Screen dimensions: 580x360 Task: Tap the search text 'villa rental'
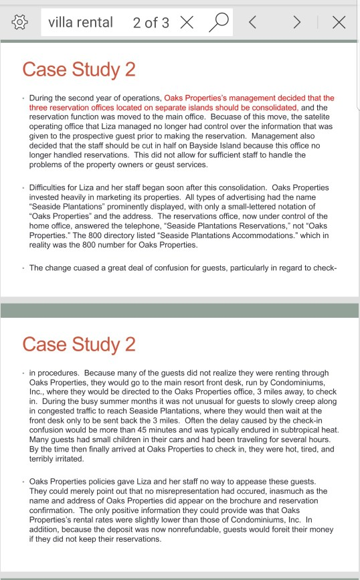click(80, 23)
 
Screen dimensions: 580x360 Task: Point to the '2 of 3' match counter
click(151, 23)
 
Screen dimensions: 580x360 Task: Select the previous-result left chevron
click(254, 23)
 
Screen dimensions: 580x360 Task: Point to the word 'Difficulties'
click(52, 187)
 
